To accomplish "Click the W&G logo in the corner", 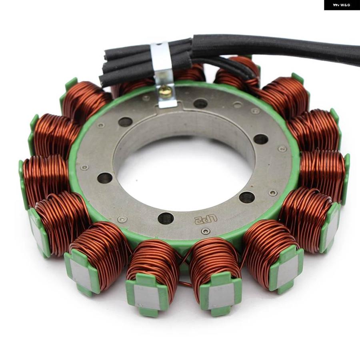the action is (342, 5).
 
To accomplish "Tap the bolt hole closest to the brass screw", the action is (201, 104).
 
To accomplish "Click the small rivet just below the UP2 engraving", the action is (206, 231).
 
